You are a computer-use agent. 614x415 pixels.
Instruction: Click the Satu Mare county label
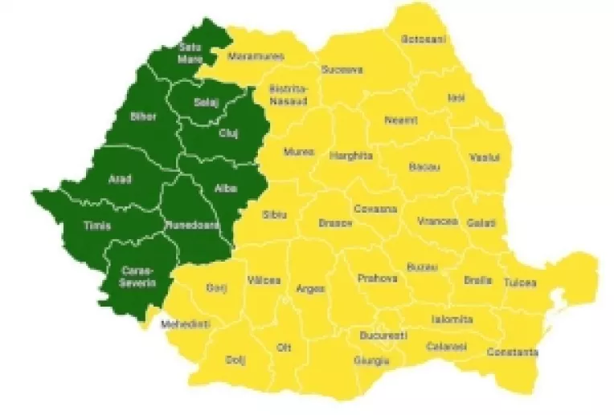pos(190,52)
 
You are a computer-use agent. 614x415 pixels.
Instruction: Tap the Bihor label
pos(143,116)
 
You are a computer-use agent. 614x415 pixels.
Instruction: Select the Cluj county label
pos(228,132)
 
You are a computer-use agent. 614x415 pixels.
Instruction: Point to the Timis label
pos(97,226)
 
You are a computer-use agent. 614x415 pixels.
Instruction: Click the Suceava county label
pos(342,70)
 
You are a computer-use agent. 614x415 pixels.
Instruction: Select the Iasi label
pos(456,97)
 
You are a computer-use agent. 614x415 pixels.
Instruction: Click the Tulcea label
pos(519,283)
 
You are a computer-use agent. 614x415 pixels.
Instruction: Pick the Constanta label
pos(511,352)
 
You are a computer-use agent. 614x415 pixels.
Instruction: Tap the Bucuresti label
pos(384,334)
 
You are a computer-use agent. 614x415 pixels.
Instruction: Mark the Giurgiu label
pos(371,360)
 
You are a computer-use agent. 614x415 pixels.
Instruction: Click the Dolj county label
pos(235,359)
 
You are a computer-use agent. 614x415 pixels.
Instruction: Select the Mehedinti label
pos(185,324)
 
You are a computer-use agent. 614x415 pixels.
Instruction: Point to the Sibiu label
pos(273,214)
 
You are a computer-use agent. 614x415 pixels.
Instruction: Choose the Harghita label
pos(352,156)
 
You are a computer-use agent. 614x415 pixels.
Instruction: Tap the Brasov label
pos(335,222)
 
